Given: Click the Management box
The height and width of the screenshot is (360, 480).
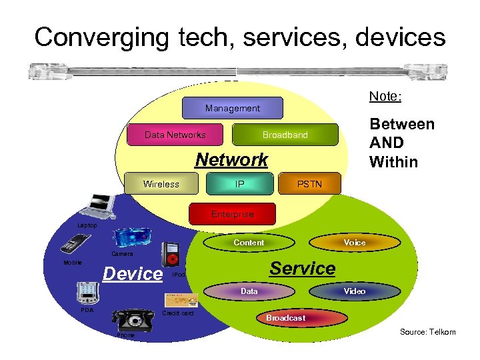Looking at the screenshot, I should coord(233,108).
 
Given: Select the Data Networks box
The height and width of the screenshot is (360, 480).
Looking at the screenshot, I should coord(175,135).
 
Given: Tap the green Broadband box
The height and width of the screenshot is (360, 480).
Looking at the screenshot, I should coord(285,135).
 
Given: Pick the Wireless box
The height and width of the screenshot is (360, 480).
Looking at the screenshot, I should coord(161,184).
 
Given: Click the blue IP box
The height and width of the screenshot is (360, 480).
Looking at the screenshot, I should coord(240,184).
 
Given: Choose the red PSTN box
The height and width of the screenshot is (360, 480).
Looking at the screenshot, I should coord(309,184).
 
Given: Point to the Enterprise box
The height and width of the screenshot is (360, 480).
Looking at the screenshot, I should coord(232,214).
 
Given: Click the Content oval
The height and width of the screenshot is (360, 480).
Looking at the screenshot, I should coord(249,243).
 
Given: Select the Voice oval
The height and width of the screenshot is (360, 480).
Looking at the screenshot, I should coord(354,243).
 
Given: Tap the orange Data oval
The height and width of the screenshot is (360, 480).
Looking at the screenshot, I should coord(249,291).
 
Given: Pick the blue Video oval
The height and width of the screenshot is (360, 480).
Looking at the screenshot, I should coord(354,291).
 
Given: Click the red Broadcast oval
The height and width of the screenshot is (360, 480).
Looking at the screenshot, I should coord(285,318).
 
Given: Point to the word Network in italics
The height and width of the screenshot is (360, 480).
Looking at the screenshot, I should coord(231,160).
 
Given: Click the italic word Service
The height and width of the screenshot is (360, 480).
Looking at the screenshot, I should coord(302,269).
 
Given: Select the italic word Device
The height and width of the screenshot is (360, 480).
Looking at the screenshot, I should coord(133,274).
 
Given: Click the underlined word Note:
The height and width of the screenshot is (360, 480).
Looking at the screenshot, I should coord(385,97).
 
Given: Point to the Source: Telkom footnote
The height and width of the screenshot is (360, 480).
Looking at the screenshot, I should coord(427,332).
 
